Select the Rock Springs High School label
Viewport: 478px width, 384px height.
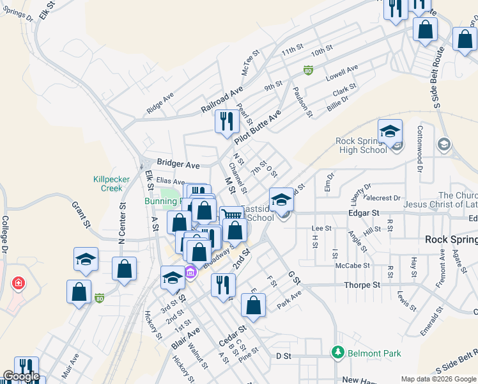pos(362,145)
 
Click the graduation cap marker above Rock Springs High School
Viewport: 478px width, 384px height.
pos(390,132)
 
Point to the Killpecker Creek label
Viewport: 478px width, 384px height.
pos(107,184)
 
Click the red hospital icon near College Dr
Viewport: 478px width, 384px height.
pos(19,282)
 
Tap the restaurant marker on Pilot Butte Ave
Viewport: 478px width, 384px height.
pos(226,122)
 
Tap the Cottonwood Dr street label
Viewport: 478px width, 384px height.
pos(420,157)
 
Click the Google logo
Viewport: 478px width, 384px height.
pos(21,376)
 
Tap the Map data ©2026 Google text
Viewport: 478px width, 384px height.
pos(439,379)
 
